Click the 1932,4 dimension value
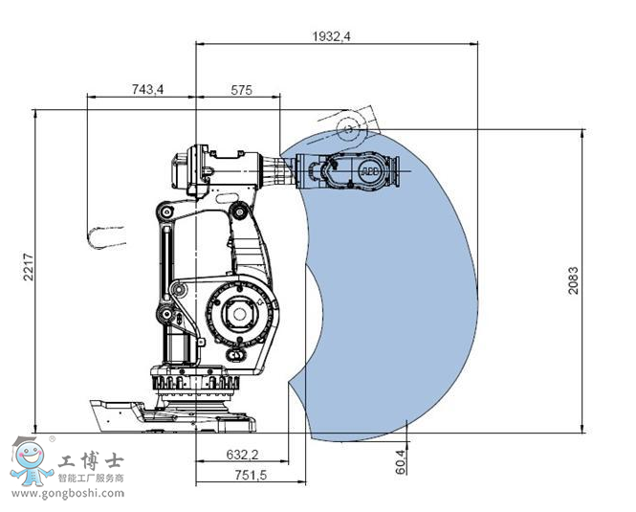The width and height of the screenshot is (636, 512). tap(331, 36)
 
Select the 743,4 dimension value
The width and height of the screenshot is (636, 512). tap(147, 89)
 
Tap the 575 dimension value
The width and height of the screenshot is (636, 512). tap(241, 90)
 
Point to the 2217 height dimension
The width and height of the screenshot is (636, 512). tap(28, 267)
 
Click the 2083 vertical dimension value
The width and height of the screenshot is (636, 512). tap(573, 280)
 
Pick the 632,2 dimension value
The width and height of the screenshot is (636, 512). tap(243, 455)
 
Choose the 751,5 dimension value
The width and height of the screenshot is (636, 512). tap(251, 475)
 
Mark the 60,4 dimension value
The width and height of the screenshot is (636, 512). tap(401, 461)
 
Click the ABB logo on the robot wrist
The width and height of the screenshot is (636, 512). tap(369, 171)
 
